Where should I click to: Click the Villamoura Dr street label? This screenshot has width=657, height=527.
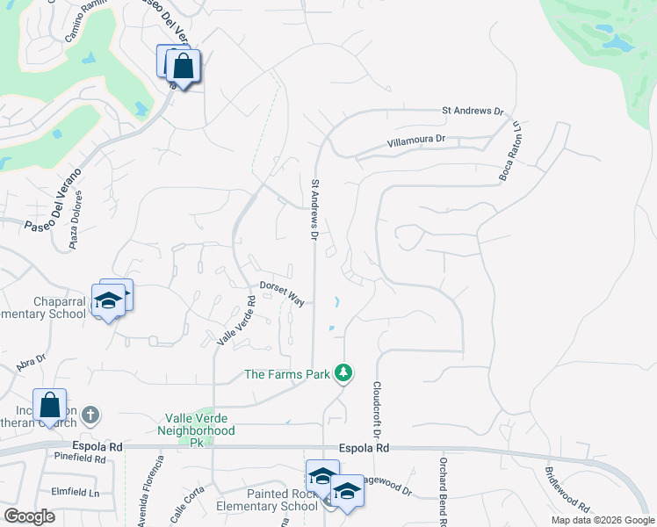pos(417,139)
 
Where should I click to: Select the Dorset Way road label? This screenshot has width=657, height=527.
pos(282,293)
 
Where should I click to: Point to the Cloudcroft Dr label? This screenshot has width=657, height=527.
pos(376,410)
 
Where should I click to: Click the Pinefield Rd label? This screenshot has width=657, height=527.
pos(79,458)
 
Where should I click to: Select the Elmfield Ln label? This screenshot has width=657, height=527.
pos(75,493)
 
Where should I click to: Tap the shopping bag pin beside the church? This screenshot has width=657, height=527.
pos(50,407)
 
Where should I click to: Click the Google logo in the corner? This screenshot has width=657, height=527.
pos(29,516)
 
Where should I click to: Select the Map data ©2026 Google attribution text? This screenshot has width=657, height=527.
pos(603,520)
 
